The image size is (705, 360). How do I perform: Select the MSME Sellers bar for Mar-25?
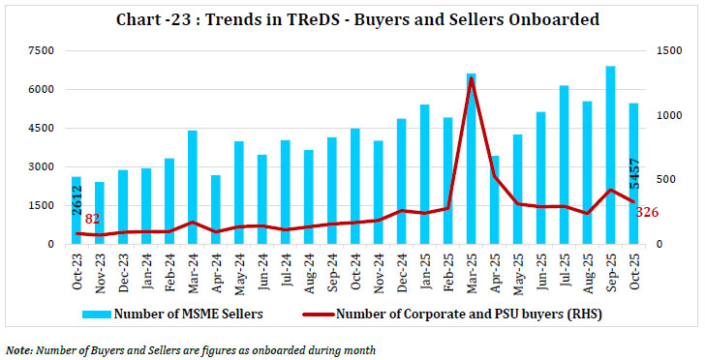[471, 160]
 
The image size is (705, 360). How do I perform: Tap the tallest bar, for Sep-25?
[610, 155]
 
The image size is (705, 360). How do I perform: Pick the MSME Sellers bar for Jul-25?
[564, 165]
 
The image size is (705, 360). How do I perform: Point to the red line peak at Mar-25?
[471, 79]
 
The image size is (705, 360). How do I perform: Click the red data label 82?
[93, 220]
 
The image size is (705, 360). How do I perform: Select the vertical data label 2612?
[77, 206]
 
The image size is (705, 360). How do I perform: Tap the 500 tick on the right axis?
[663, 180]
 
